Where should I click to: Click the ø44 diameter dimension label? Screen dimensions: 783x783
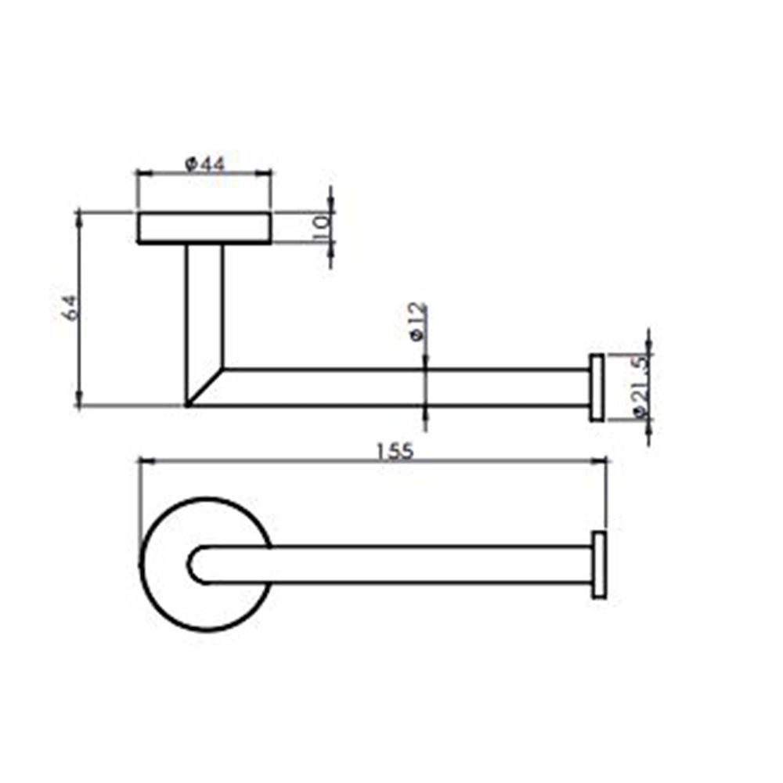coord(204,164)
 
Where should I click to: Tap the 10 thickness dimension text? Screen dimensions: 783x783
coord(319,227)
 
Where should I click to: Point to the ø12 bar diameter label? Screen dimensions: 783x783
coord(417,322)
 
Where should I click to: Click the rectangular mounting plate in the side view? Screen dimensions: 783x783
coord(204,228)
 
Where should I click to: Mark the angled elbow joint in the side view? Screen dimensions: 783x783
coord(205,387)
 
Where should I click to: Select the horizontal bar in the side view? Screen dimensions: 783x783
coord(407,388)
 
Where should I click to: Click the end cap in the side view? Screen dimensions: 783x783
coord(597,388)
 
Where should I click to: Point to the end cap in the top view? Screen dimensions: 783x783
coord(599,565)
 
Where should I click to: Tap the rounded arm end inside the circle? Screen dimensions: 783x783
coord(200,565)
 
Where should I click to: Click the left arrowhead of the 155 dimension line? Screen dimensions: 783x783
coord(144,461)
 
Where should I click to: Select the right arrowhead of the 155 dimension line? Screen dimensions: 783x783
coord(602,461)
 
